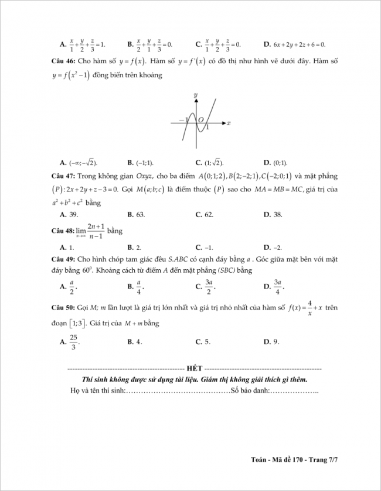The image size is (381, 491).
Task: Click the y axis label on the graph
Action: point(195,95)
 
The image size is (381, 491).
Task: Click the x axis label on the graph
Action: point(228,123)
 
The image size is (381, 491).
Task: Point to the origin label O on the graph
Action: point(200,119)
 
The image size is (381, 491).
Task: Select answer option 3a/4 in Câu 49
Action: point(278,287)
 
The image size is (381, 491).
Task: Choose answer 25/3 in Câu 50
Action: point(73,341)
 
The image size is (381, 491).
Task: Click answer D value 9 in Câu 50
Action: point(276,342)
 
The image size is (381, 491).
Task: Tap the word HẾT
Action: point(194,369)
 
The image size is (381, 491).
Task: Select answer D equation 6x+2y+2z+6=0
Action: point(299,44)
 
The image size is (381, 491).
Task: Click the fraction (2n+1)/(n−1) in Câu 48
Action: point(96,231)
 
